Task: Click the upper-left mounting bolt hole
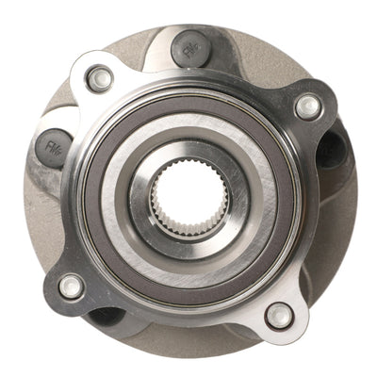pos(99,80)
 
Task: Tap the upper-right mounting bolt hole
pos(308,107)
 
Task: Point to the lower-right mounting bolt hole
pos(279,315)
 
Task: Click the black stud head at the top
pos(191,49)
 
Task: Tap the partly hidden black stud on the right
pos(332,151)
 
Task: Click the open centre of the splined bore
pos(192,198)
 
